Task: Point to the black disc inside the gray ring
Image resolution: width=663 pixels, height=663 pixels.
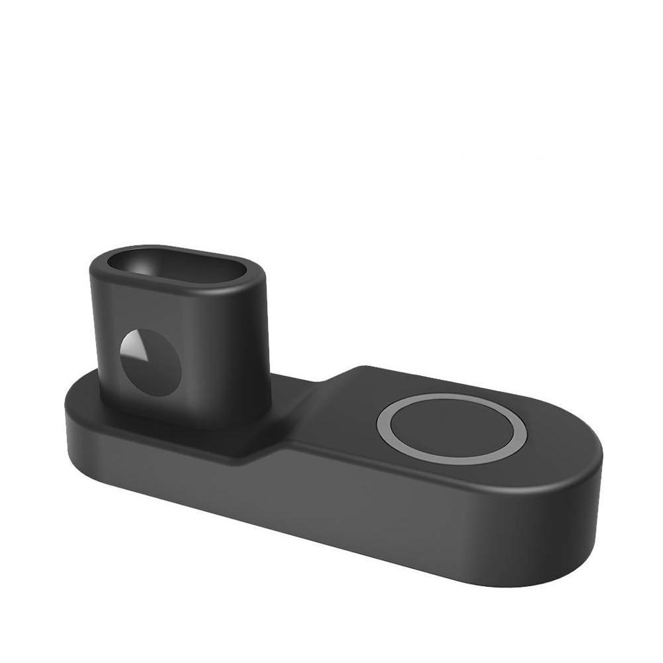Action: point(452,428)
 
